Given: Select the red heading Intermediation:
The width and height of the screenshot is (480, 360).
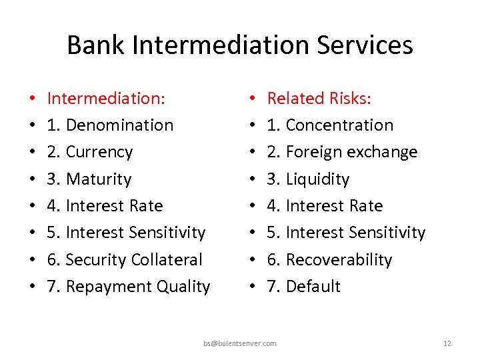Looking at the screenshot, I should click(x=107, y=99).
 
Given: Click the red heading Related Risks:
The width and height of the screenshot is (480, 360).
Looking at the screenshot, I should click(x=319, y=99).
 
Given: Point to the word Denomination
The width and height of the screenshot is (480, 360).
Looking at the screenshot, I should click(x=120, y=125).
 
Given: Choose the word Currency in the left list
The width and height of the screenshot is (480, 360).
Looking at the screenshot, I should click(x=99, y=152).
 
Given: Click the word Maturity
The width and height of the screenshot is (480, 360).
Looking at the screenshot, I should click(x=99, y=179).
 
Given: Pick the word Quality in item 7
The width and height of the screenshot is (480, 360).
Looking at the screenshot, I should click(x=183, y=287).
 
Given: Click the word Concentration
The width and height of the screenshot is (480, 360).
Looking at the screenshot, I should click(x=339, y=125).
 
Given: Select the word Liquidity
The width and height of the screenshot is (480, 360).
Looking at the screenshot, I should click(x=317, y=179).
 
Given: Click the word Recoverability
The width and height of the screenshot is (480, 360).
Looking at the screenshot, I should click(x=339, y=259).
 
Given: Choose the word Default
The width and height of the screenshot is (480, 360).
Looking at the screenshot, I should click(x=313, y=287).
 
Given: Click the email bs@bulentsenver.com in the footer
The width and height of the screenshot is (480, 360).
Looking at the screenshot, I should click(x=240, y=343).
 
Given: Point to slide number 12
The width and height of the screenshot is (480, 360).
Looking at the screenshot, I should click(x=447, y=343).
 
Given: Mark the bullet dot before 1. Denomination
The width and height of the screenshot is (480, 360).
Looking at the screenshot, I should click(x=32, y=125).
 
